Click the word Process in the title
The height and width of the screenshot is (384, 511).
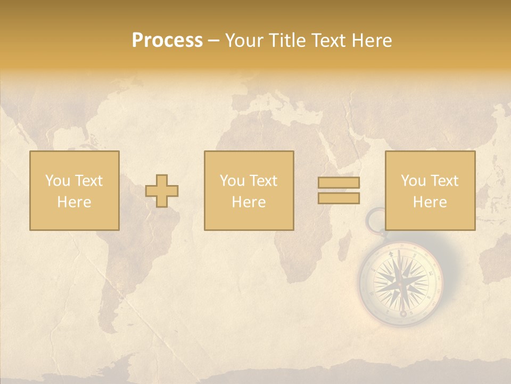tap(167, 41)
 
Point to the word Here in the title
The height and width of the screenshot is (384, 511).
tap(372, 41)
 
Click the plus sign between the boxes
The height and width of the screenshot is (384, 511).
tap(162, 191)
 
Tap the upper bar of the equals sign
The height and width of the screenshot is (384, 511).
tap(339, 182)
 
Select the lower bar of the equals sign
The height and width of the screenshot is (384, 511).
tap(339, 198)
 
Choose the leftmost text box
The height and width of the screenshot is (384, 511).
tap(75, 190)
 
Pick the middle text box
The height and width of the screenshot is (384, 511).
tap(249, 190)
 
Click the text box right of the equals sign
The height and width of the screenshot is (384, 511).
tap(430, 190)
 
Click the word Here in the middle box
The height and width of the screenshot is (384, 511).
tap(249, 202)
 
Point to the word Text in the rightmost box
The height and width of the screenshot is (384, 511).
tap(446, 181)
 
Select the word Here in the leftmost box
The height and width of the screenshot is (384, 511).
tap(75, 202)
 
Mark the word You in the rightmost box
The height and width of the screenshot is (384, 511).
tap(414, 181)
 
